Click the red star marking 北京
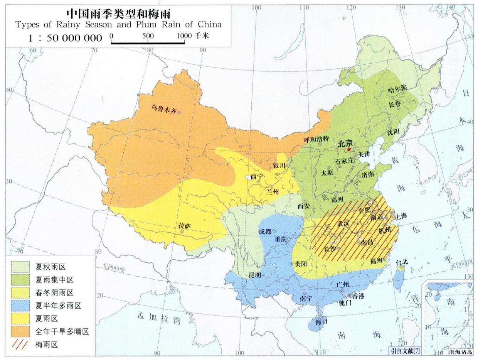(349, 149)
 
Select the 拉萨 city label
(185, 226)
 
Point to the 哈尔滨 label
(397, 88)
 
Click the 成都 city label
(265, 232)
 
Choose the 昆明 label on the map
(255, 275)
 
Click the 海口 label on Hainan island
(321, 321)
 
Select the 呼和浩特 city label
(316, 140)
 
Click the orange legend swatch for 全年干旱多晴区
(20, 331)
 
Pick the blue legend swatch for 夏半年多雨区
(20, 306)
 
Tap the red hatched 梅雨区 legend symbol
(20, 344)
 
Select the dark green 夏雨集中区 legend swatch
(20, 280)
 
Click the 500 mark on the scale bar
(148, 36)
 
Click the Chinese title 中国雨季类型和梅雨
(118, 13)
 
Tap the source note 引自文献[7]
(405, 351)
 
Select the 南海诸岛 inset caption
(460, 352)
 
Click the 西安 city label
(304, 206)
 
